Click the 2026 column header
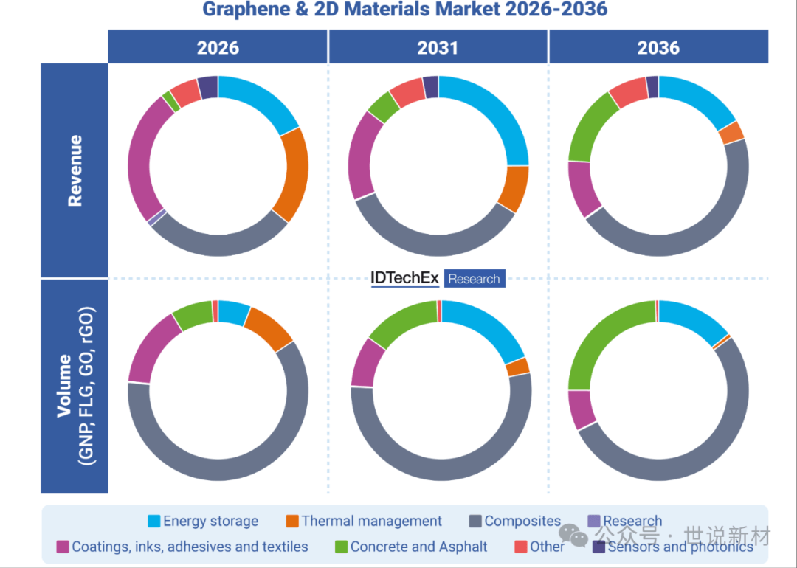point(218,48)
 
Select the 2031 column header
point(438,48)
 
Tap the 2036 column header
point(658,48)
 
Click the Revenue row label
point(75,170)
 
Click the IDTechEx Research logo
point(438,278)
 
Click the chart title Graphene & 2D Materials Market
point(404,10)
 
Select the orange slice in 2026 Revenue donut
point(292,176)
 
